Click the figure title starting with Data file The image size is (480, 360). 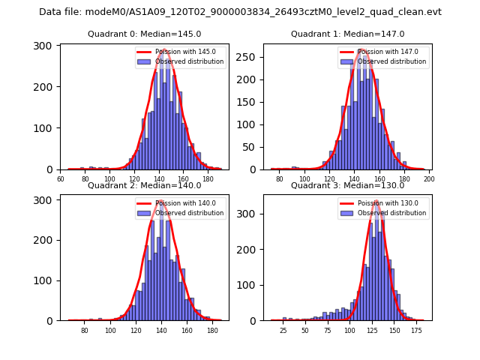[240, 12]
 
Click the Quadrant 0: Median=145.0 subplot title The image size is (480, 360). [145, 34]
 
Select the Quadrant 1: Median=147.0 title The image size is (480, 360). [347, 34]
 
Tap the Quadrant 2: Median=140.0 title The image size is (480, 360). [145, 185]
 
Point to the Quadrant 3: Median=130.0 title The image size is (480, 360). [347, 185]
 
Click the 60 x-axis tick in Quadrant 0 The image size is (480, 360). [61, 179]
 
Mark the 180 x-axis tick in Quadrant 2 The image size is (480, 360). [212, 330]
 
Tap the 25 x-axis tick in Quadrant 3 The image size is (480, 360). [283, 330]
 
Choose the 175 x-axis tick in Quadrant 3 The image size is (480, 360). [417, 330]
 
